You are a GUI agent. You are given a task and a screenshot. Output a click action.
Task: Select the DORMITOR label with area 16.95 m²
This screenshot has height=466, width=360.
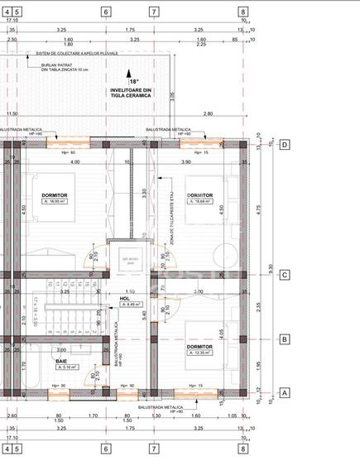55,195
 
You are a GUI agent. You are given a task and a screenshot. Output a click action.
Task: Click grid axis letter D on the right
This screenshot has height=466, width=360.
284,144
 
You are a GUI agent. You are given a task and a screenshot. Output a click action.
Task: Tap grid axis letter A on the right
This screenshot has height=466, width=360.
284,393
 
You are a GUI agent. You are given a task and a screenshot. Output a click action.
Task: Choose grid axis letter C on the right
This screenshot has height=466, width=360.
284,276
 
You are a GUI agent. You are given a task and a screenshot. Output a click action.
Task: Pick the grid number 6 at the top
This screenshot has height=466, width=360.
106,12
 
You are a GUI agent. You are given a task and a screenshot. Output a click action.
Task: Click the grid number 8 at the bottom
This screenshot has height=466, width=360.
242,449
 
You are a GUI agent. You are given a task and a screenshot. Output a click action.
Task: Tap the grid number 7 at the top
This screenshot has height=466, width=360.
153,12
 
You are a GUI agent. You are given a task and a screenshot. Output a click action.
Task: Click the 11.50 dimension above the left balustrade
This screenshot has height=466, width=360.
12,114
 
